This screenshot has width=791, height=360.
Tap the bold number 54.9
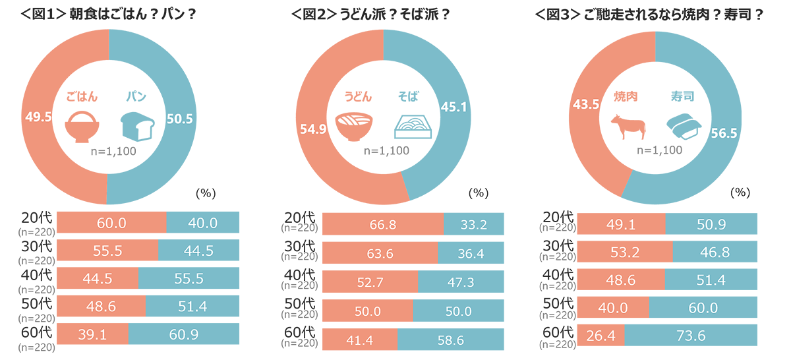[313, 131]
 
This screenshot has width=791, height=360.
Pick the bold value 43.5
[587, 104]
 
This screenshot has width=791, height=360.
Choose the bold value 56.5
[724, 133]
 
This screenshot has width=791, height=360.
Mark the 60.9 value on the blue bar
[184, 335]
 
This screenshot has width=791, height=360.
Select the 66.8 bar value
[383, 225]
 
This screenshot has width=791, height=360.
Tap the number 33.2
[474, 225]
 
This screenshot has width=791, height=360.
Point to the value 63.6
[380, 254]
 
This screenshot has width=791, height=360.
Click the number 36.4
[471, 254]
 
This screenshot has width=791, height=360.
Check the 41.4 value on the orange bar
[359, 340]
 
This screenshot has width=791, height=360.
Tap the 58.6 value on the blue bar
[451, 340]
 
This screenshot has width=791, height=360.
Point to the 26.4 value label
[601, 336]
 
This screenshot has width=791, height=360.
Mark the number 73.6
[692, 336]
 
